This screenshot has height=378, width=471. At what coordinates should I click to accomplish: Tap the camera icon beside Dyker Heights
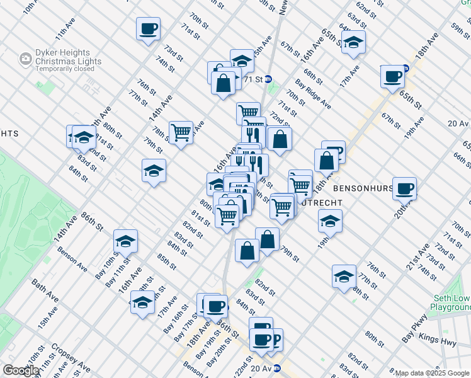(26, 59)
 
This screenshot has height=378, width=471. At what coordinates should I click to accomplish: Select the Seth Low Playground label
(450, 302)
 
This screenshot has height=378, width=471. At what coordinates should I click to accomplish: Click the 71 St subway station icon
(268, 79)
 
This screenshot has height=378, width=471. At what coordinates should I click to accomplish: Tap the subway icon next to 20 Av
(276, 369)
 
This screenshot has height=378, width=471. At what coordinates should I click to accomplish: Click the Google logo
(20, 370)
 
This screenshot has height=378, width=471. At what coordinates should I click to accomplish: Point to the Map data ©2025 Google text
(433, 373)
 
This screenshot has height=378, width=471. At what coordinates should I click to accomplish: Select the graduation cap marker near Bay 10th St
(125, 241)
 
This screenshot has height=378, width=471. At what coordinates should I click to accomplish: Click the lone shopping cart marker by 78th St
(181, 132)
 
